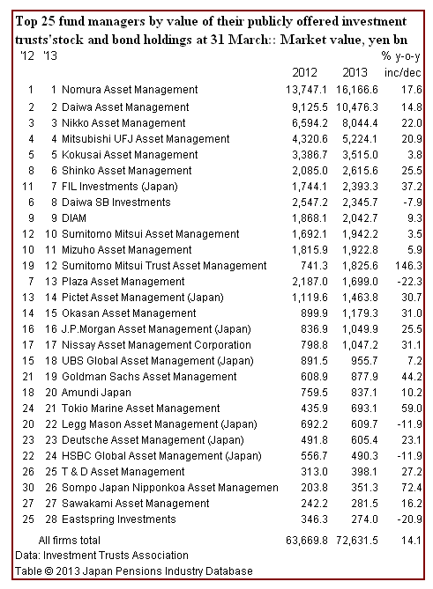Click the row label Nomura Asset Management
tap(130, 90)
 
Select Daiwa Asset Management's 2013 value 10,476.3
tap(357, 107)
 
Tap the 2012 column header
tap(305, 72)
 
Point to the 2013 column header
tap(355, 72)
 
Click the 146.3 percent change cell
tap(408, 266)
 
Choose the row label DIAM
tap(74, 218)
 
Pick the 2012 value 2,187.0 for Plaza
tap(310, 282)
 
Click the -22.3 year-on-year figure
tap(409, 282)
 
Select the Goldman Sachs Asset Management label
tap(149, 377)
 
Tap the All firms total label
tap(69, 541)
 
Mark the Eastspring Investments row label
tap(118, 519)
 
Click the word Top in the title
tap(26, 22)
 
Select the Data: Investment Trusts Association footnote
tap(101, 556)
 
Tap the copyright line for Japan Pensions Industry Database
tap(133, 571)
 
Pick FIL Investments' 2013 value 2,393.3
tap(360, 187)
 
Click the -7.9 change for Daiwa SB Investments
tap(413, 202)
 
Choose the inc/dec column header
tap(402, 72)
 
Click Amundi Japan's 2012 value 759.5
tap(314, 393)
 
